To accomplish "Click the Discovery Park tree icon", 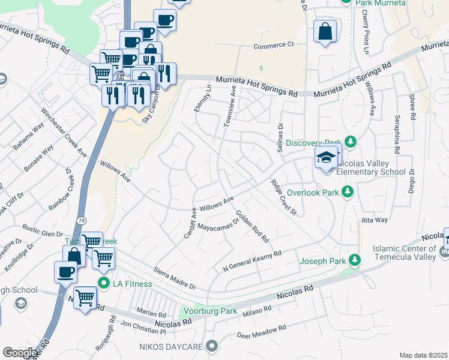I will pos(352,142).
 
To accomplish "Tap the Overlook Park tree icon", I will pos(346,192).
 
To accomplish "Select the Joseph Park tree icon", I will pos(355,260).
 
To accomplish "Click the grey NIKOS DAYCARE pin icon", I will pos(211,346).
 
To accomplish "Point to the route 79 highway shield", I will pos(80,221).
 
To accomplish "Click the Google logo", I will pos(20,353).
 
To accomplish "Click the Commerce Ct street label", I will pos(274,45).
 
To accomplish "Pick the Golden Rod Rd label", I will pos(252,226).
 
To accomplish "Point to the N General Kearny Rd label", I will pos(252,262).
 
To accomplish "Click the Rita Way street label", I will pos(374,220).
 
